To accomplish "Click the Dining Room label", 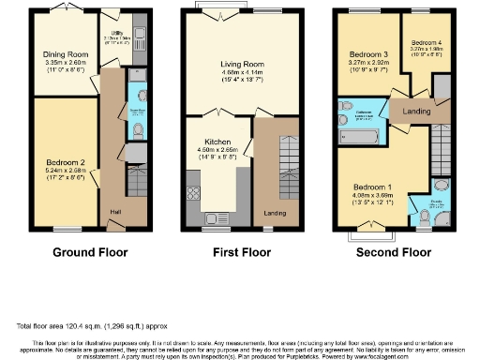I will click(66, 55).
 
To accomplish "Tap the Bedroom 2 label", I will click(65, 162).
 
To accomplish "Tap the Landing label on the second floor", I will click(414, 111).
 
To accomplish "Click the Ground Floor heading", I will click(90, 252).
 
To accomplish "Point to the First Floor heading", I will click(238, 252).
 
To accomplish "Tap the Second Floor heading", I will click(387, 252).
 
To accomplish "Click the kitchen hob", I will click(195, 194).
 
